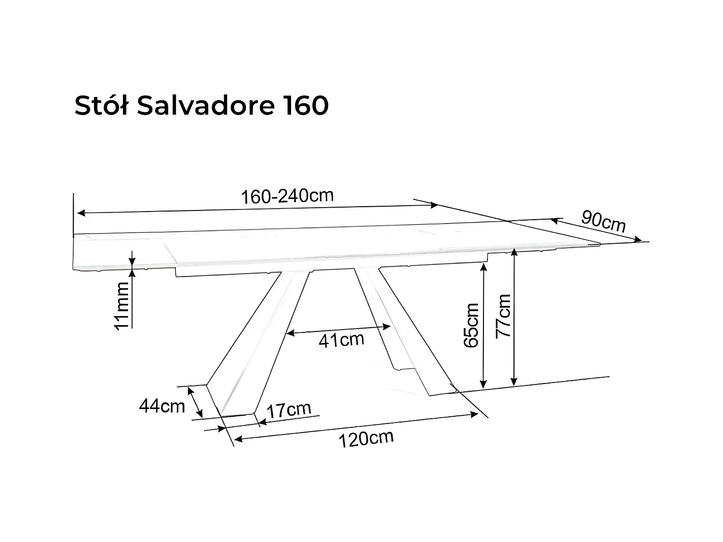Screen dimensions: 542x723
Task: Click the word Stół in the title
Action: click(x=101, y=106)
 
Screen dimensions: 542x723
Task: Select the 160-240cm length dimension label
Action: click(x=287, y=196)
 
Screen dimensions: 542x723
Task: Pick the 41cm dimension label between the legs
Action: click(x=341, y=340)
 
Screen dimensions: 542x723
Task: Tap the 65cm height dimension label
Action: click(x=471, y=325)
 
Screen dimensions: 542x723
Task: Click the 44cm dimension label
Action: click(x=162, y=406)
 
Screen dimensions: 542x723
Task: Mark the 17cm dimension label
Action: click(x=289, y=410)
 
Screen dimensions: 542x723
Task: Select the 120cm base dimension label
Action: click(x=366, y=439)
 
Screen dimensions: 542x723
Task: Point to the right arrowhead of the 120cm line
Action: click(x=475, y=414)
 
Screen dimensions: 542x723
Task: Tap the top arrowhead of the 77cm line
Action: click(x=515, y=251)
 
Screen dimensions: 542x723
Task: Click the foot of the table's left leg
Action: click(x=236, y=415)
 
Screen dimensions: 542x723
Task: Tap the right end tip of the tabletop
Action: click(x=599, y=244)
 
